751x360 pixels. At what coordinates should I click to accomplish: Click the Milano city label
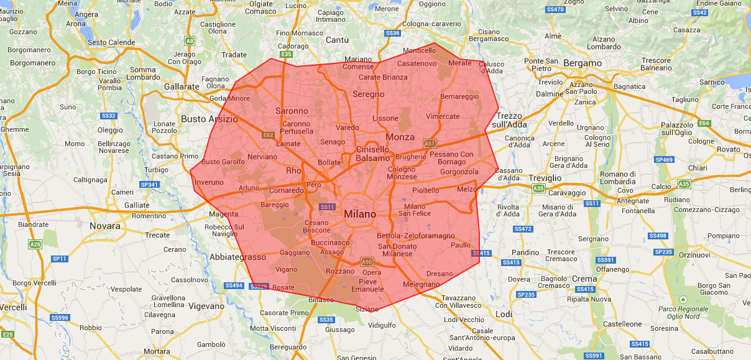click(x=360, y=214)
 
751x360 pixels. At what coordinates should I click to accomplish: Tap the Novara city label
click(x=104, y=226)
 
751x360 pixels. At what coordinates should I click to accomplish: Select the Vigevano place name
click(x=206, y=306)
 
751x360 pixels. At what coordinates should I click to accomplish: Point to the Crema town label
click(x=584, y=278)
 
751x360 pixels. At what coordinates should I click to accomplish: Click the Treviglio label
click(x=545, y=178)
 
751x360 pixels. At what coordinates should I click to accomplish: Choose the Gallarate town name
click(x=182, y=86)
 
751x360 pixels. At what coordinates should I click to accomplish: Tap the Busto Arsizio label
click(x=209, y=119)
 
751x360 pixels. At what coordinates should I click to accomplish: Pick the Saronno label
click(x=292, y=111)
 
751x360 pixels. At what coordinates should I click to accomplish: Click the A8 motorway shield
click(x=190, y=41)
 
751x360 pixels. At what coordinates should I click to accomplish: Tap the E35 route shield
click(x=286, y=55)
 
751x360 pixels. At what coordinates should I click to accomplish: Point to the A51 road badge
click(x=430, y=144)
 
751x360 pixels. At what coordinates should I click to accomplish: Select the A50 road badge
click(x=367, y=262)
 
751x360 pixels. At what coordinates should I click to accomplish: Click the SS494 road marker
click(x=234, y=285)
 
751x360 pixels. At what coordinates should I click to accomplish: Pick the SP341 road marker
click(x=149, y=185)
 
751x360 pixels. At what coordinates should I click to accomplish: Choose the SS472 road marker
click(x=523, y=229)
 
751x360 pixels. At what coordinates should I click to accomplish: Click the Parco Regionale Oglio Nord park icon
click(x=683, y=299)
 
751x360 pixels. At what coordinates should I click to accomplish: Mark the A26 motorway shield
click(x=35, y=244)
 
